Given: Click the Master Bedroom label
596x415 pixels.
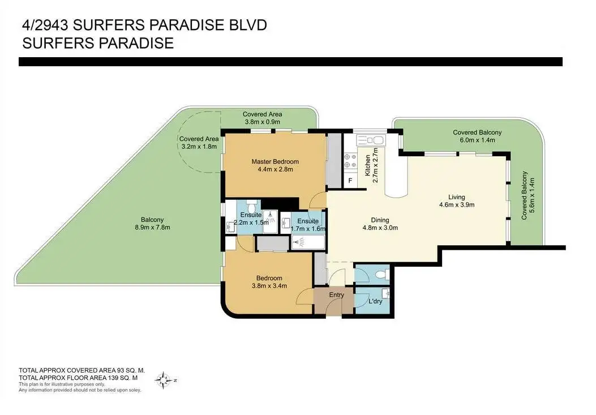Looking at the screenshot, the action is tap(275, 162).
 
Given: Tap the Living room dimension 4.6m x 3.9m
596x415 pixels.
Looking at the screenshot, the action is tap(457, 204).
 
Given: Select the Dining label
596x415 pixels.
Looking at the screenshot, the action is tap(380, 220).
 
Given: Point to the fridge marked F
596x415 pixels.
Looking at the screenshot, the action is tap(350, 180).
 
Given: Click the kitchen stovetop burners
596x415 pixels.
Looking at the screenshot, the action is tap(350, 160).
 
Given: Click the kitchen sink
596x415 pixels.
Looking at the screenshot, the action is tap(371, 141).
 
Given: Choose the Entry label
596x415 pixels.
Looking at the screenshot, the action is tap(336, 295).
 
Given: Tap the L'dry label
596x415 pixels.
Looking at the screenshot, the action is tap(375, 301).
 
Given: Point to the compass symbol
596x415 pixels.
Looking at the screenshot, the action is tap(164, 380).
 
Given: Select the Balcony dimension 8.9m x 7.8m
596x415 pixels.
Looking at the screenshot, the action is tap(152, 228).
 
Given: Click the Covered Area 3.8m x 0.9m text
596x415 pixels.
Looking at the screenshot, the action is tap(262, 118).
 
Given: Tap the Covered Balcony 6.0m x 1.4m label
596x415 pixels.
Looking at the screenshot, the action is tap(477, 136).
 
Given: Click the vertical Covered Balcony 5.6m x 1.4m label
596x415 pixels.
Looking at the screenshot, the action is tap(528, 195).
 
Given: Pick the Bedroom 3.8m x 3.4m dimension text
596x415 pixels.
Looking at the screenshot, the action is tap(269, 286).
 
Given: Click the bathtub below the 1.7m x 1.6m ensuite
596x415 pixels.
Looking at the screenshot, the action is tap(308, 242).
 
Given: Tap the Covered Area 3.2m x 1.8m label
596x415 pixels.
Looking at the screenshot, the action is tap(199, 143).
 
